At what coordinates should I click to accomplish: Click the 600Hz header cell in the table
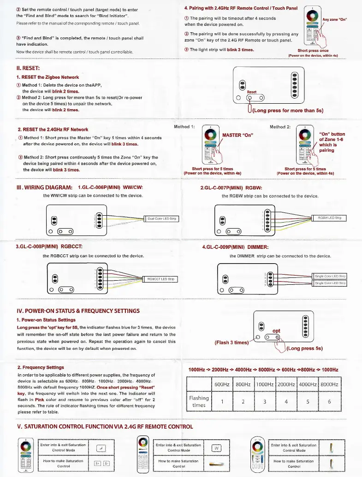(x=222, y=384)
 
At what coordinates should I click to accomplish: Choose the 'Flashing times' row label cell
(x=199, y=401)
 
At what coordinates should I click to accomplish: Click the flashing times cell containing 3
(x=265, y=401)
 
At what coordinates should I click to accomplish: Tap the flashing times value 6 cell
(x=329, y=401)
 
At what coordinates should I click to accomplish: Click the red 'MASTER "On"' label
(x=237, y=135)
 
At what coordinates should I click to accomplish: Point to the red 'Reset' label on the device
(x=252, y=92)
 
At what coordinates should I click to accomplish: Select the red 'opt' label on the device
(x=277, y=330)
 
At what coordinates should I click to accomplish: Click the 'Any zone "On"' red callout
(x=334, y=19)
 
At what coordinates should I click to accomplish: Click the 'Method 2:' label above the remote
(x=280, y=126)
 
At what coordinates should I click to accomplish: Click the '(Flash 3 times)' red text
(x=232, y=342)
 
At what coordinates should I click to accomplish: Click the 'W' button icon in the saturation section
(x=216, y=448)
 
